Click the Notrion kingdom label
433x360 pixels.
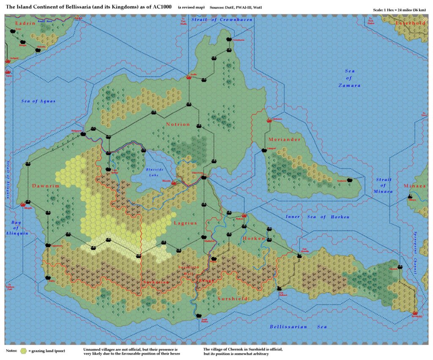(x=178, y=124)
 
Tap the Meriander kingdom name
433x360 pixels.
(x=284, y=139)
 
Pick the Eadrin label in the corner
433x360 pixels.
(x=25, y=23)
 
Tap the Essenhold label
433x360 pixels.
(x=411, y=23)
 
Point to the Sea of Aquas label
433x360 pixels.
(x=38, y=101)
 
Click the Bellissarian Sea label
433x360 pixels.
(x=298, y=327)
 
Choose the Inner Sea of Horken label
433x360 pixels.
(x=318, y=217)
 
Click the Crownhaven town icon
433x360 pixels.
(x=229, y=39)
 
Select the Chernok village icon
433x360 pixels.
(x=400, y=267)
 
